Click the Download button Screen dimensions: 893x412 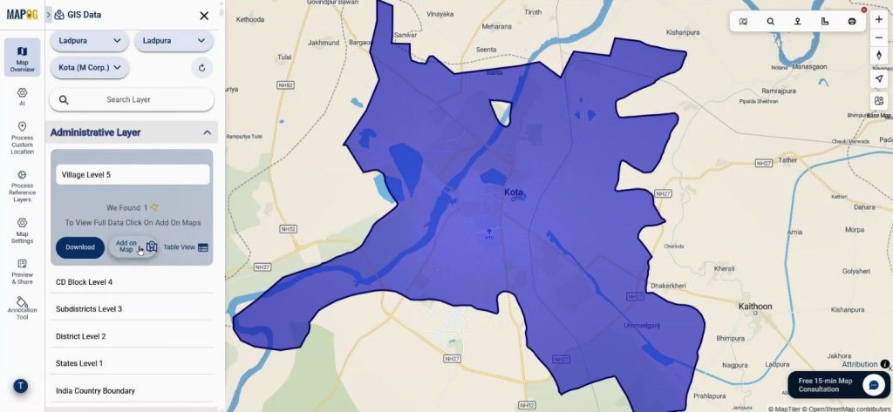pos(79,247)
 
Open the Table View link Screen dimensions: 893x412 pos(186,247)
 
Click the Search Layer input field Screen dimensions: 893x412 pos(132,100)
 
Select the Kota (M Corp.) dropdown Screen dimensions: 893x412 pos(90,68)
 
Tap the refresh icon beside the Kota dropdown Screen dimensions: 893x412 pos(201,68)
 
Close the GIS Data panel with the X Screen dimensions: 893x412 pos(204,16)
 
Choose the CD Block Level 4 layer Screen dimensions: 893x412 pos(85,282)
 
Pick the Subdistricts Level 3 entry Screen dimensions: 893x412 pos(89,309)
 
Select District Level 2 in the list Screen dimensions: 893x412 pos(81,336)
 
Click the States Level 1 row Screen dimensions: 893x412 pos(79,363)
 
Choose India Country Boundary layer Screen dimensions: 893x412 pos(96,391)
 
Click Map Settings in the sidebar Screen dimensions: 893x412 pos(22,230)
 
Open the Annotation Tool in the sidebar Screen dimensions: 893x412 pos(22,307)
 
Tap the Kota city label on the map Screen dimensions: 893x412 pos(514,192)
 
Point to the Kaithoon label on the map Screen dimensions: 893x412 pos(755,307)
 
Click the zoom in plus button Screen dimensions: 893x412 pos(878,19)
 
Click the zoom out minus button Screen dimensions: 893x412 pos(878,37)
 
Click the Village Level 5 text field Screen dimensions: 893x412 pos(133,175)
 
